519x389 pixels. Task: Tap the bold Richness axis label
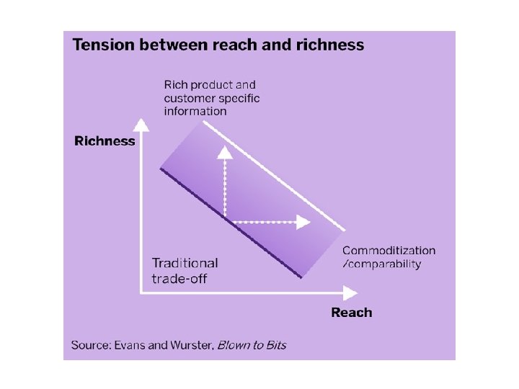tap(105, 141)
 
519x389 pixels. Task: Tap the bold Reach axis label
tap(352, 313)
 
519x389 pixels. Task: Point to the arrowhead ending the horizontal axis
tap(350, 292)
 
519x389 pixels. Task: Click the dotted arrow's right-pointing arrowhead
tap(303, 222)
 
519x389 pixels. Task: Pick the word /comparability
tap(382, 264)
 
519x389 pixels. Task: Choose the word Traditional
tap(185, 264)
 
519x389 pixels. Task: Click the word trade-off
tap(179, 278)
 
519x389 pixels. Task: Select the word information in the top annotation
tap(195, 111)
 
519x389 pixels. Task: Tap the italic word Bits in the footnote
tap(274, 345)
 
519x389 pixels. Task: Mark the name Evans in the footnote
tap(130, 345)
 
